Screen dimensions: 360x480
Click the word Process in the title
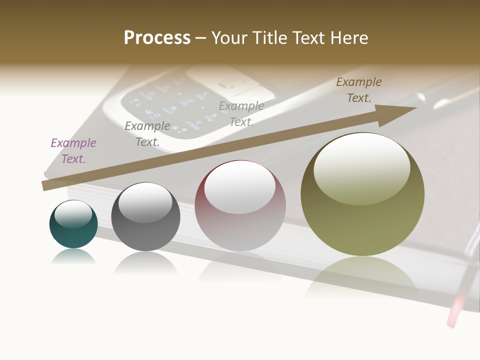[x=157, y=37]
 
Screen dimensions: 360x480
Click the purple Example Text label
[x=73, y=151]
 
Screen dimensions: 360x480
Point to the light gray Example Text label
[x=241, y=114]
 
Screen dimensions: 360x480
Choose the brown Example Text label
[x=358, y=90]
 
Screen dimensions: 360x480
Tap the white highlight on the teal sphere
[x=73, y=214]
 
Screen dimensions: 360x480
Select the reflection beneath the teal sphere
[x=73, y=257]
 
